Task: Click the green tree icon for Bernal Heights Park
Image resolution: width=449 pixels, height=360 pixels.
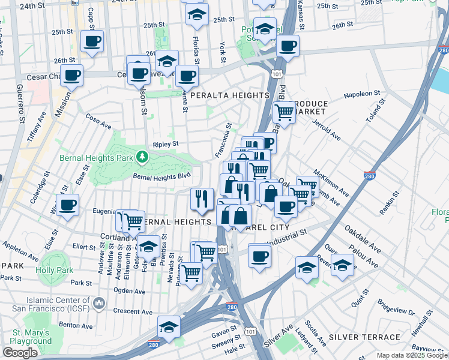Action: coord(142,157)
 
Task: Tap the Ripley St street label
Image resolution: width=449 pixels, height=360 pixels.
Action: coord(166,144)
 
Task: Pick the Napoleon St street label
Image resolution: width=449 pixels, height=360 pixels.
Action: coord(363,95)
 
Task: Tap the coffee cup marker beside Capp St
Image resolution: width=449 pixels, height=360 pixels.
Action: coord(92,41)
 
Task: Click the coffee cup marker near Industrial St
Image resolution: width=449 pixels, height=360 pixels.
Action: coord(259,256)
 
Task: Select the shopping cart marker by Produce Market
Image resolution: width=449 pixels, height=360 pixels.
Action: coord(284,112)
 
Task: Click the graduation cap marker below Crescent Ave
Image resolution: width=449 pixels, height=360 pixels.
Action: coord(169,327)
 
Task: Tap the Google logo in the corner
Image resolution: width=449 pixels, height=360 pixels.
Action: coord(20,352)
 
